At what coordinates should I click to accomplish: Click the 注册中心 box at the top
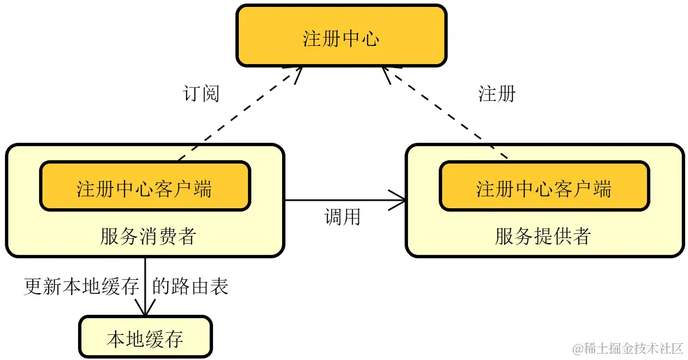coord(341,36)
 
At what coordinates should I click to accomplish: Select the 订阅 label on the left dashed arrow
coord(201,93)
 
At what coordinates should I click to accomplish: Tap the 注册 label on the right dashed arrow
coord(497,93)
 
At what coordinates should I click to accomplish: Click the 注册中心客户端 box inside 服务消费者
coord(145,187)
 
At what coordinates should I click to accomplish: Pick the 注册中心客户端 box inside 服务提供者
coord(544,187)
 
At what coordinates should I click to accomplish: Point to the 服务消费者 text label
coord(148,236)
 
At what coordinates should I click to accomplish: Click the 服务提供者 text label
coord(543,236)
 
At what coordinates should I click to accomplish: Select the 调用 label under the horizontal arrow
coord(343,217)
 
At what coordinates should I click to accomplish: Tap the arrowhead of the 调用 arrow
coord(401,201)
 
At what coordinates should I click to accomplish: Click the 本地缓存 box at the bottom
coord(145,338)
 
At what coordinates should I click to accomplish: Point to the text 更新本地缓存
coord(81,286)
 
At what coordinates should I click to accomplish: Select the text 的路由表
coord(190,286)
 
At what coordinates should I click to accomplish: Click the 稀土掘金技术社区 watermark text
coord(627,347)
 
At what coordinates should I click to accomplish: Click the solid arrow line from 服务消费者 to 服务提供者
coord(341,201)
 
